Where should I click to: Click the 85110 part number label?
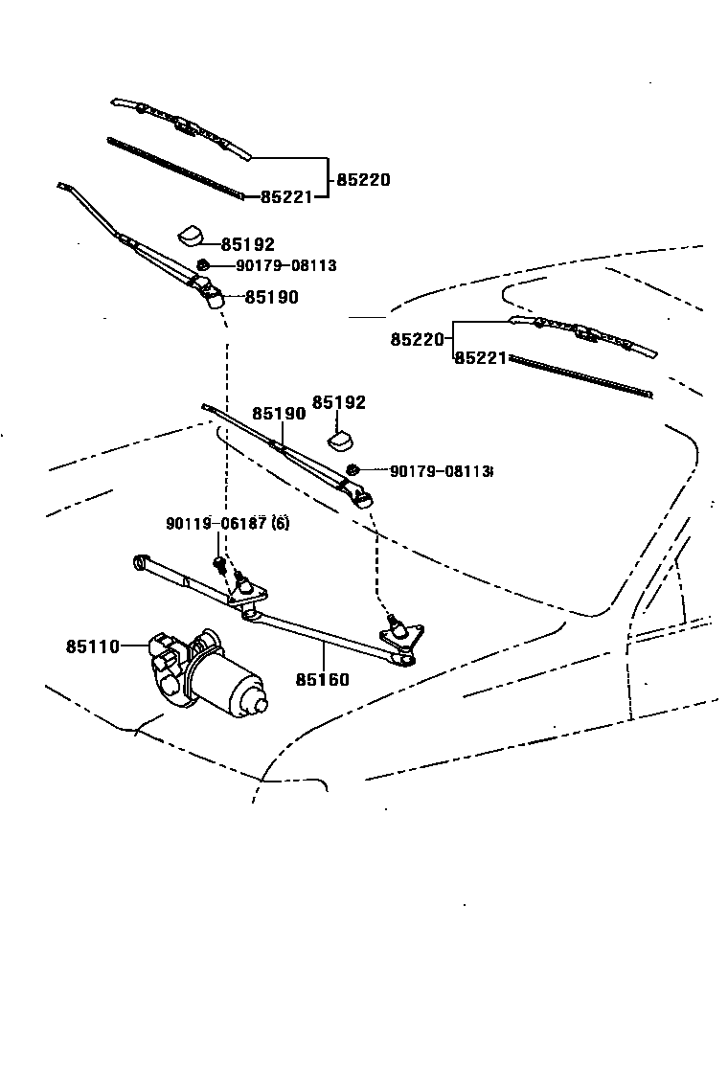[x=92, y=646]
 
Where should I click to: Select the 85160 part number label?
[x=322, y=680]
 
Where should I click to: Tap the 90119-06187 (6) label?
[x=227, y=523]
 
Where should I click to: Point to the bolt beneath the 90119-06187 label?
[x=219, y=564]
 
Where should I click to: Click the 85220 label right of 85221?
[x=362, y=179]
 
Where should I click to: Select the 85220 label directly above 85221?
[x=417, y=339]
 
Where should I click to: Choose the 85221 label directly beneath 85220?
[x=479, y=357]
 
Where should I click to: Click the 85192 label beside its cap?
[x=247, y=244]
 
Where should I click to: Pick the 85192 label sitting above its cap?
[x=339, y=402]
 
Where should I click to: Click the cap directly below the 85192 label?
[x=342, y=440]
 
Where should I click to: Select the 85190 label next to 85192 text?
[x=279, y=414]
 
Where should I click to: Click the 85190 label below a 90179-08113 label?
[x=271, y=297]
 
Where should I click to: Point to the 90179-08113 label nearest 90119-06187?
[x=441, y=470]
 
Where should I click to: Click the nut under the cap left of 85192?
[x=203, y=264]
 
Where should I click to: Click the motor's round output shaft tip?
[x=261, y=704]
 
